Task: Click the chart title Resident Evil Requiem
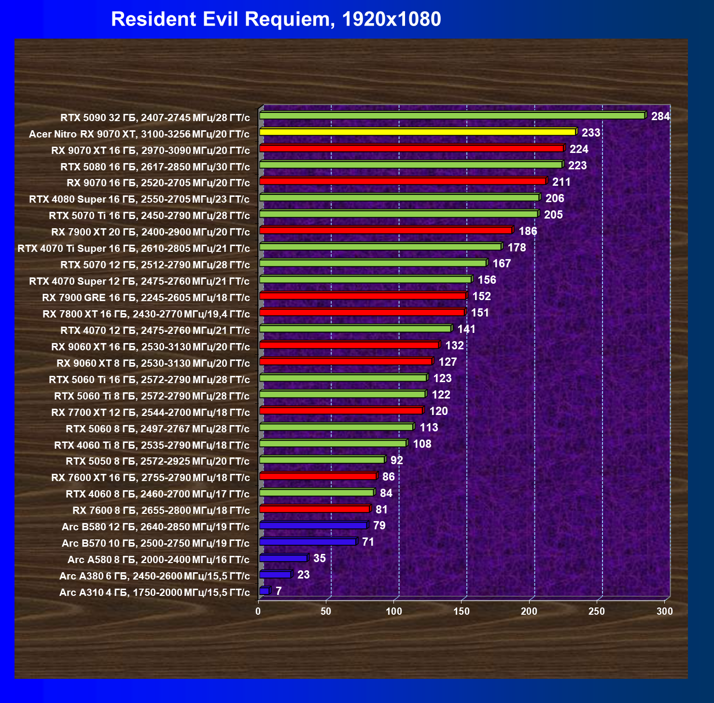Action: pos(276,19)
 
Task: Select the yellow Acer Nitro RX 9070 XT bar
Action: pos(417,132)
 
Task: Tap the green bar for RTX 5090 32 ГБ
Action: pos(452,116)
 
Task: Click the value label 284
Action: pos(660,116)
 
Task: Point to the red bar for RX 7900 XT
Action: pos(385,230)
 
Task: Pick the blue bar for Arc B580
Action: pos(313,525)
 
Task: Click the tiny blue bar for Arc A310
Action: pos(264,591)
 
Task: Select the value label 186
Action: pos(528,231)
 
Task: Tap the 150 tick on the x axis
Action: pos(462,611)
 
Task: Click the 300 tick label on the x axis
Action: pos(665,611)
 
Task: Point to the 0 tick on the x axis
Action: pos(258,611)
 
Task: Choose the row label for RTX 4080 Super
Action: pos(139,199)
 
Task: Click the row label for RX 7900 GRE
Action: pos(146,298)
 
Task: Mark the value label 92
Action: pos(396,460)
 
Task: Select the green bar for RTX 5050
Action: pos(322,460)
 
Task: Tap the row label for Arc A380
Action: pos(154,576)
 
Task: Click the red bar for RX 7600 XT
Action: pos(318,476)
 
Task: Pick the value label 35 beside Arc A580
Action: pos(320,558)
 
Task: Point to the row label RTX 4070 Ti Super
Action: pos(134,248)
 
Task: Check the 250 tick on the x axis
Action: pos(597,611)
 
